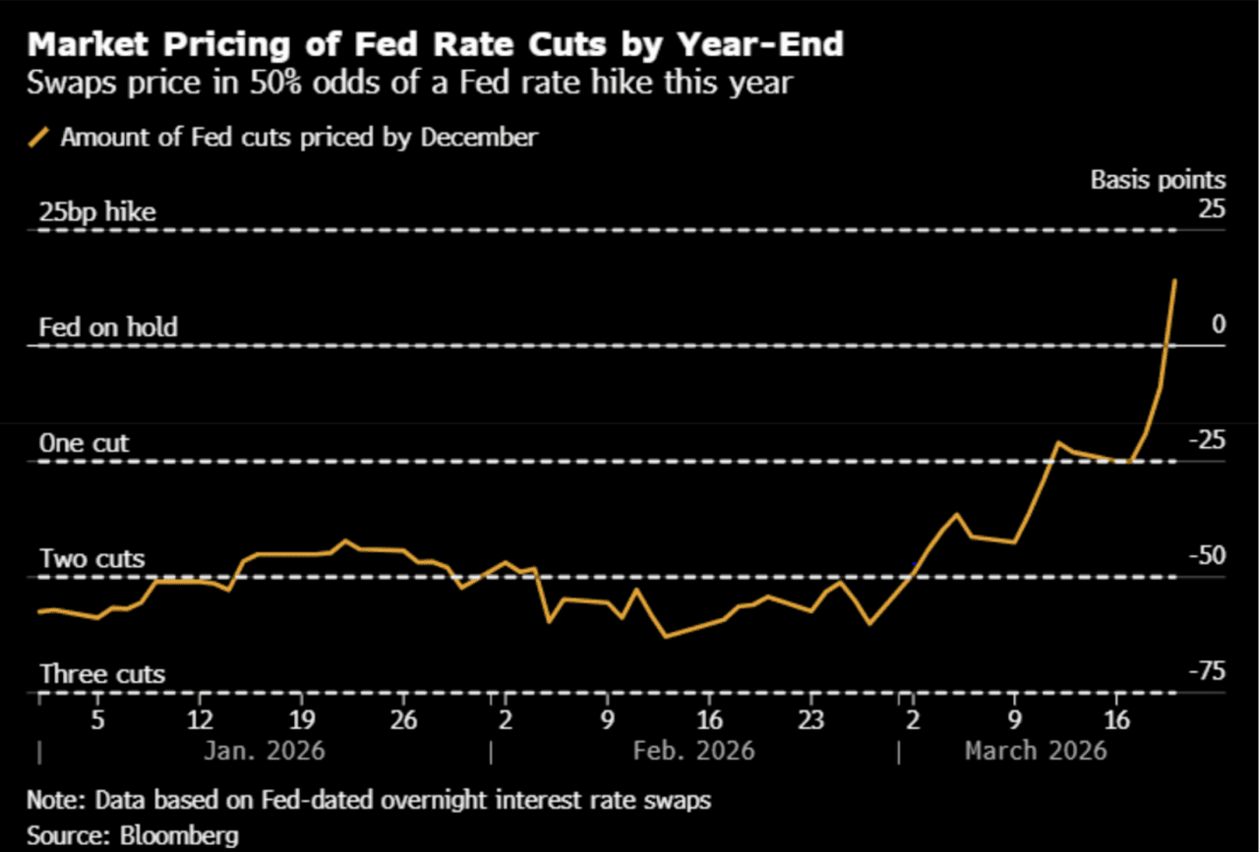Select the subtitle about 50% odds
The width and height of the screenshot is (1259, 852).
click(409, 83)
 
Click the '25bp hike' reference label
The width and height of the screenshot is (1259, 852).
click(96, 212)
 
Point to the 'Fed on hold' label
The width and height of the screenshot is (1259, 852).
click(108, 327)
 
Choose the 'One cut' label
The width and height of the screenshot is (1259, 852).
click(84, 443)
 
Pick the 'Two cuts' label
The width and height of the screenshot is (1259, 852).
click(91, 559)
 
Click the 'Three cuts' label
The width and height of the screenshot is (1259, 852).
click(101, 674)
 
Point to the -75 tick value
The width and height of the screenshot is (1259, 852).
click(1206, 671)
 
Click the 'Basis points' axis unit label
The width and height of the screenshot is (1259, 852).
click(1158, 180)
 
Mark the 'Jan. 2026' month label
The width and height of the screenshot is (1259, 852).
click(264, 752)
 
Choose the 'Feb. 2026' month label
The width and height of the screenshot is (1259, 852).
click(693, 752)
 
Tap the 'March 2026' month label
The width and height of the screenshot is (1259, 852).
click(1036, 752)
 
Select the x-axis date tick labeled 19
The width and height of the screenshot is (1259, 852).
click(301, 717)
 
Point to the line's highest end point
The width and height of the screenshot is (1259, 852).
click(1175, 280)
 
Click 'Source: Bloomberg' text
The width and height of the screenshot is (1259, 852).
click(132, 835)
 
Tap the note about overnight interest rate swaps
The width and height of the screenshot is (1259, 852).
click(368, 801)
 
